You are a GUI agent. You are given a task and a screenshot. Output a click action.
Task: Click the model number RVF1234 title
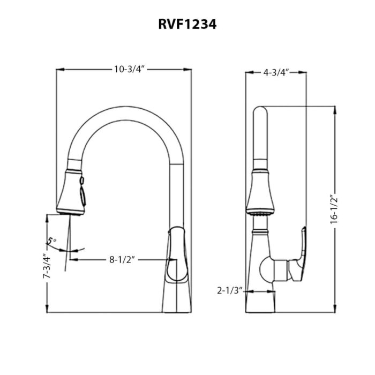click(x=187, y=24)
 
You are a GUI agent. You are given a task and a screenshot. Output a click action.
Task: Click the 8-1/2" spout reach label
click(x=122, y=260)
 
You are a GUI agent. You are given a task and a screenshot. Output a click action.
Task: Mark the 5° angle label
click(x=51, y=241)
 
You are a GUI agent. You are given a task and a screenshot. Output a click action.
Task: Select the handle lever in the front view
click(x=176, y=254)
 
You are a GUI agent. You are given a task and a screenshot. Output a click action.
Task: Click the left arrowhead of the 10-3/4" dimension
click(x=59, y=70)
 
